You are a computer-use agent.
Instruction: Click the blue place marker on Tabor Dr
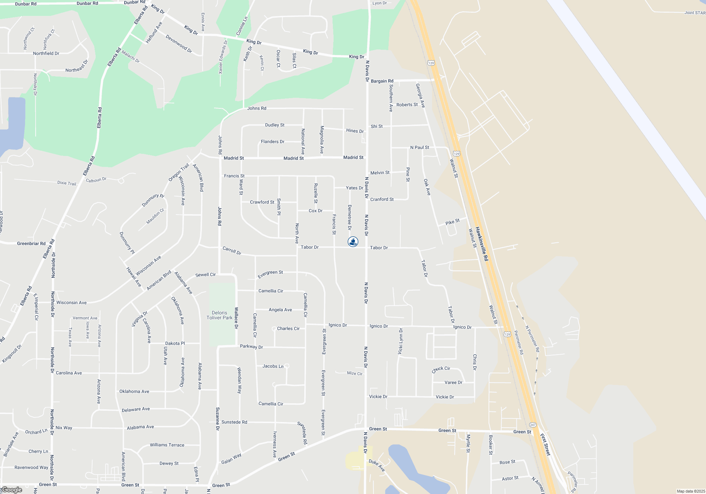353,242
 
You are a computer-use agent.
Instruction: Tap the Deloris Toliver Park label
220,315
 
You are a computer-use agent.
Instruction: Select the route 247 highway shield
533,425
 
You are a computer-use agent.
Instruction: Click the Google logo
12,490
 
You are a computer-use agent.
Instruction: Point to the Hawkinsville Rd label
481,244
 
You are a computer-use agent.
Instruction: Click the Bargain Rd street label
382,81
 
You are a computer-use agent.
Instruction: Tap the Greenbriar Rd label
31,243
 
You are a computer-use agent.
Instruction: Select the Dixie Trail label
67,183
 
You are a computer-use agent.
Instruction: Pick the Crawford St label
262,202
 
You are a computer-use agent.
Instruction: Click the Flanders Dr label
273,141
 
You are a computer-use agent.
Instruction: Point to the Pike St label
453,222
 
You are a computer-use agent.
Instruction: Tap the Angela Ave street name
280,310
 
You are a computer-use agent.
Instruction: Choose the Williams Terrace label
167,445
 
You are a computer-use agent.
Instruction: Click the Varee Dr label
453,382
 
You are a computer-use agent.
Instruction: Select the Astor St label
510,478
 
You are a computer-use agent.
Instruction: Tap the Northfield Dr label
46,53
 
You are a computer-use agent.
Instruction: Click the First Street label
545,445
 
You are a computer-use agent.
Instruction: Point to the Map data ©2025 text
691,491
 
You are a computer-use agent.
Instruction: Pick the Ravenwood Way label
31,468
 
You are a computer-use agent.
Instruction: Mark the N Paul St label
420,147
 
